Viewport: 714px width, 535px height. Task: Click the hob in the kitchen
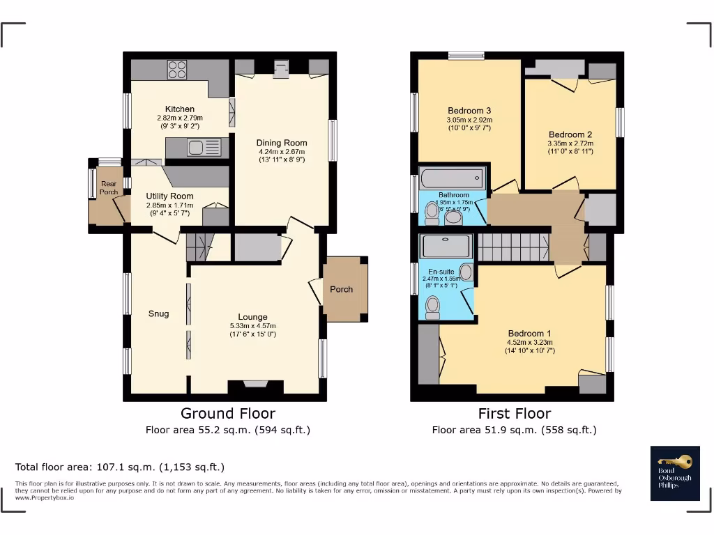pos(177,70)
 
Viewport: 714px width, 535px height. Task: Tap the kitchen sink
pos(196,147)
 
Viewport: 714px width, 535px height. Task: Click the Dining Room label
pos(282,143)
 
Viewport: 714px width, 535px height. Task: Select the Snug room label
pos(158,313)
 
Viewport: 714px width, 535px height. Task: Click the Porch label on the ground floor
pos(341,289)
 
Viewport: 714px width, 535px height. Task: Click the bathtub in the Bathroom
pos(453,177)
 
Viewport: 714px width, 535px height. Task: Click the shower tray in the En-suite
pos(447,247)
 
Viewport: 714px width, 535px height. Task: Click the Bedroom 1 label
pos(529,333)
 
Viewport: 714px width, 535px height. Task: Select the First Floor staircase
pos(513,247)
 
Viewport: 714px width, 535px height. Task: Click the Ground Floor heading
pos(227,414)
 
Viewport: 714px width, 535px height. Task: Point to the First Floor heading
pos(514,414)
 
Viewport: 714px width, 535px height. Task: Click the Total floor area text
pos(120,467)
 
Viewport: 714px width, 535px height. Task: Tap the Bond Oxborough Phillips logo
pos(674,473)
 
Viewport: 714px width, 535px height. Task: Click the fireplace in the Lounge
pos(255,383)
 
